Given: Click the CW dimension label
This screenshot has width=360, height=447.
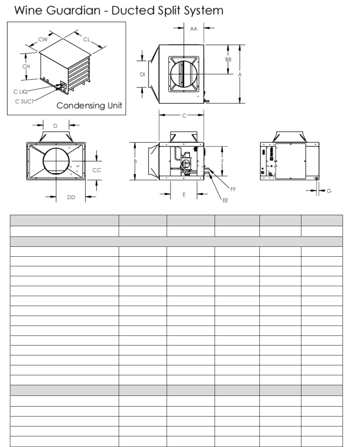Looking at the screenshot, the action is (x=43, y=39).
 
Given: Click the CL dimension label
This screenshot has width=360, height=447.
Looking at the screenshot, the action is (x=86, y=39).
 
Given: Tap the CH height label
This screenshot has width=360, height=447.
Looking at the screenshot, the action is (x=26, y=66).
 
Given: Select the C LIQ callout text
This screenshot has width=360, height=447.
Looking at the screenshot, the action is (x=20, y=92).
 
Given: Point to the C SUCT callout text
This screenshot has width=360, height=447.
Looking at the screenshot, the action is (x=25, y=102).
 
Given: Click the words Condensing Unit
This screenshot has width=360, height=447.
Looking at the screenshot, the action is (x=89, y=105).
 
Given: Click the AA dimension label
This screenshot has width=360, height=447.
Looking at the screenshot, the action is (x=194, y=29).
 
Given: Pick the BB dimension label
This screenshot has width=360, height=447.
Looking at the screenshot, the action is (x=228, y=59).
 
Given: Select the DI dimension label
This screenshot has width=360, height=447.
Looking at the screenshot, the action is (x=143, y=74).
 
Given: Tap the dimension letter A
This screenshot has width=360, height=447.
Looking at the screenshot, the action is (x=240, y=74).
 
